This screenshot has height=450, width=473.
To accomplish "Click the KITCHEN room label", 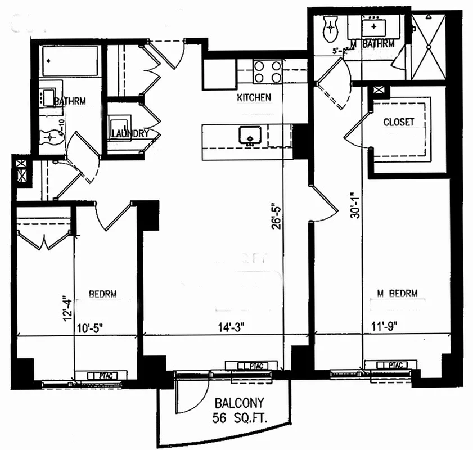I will tap(254, 97).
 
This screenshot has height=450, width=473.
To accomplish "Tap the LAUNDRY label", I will tap(130, 134).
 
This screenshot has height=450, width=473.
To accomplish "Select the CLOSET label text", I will tap(398, 121).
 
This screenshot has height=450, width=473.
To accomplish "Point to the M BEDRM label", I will tap(397, 293).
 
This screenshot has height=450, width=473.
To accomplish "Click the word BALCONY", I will tap(240, 403).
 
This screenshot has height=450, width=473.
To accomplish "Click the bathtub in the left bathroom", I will tap(70, 61).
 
